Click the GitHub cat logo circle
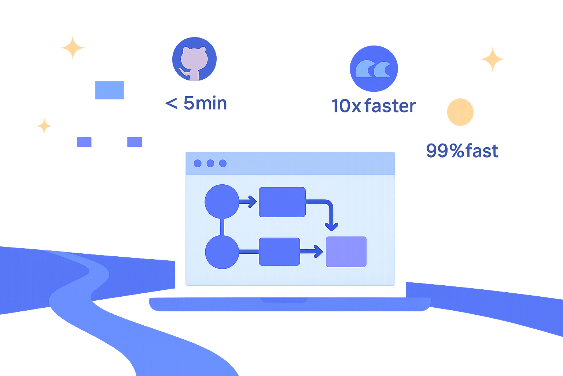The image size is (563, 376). [x=194, y=59]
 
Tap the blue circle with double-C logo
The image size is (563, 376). [x=374, y=69]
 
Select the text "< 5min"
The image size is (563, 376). [x=196, y=103]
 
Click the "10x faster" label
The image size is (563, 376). [x=374, y=106]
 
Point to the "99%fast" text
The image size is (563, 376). [x=462, y=151]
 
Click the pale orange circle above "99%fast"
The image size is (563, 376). [x=460, y=112]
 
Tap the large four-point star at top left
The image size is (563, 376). [x=73, y=47]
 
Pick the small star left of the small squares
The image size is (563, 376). [x=44, y=126]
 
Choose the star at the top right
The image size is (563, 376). [x=492, y=59]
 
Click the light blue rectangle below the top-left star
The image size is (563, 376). [x=110, y=90]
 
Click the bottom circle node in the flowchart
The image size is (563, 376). [x=222, y=252]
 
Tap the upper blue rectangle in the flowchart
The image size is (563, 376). [x=282, y=202]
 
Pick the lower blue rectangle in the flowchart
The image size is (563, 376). [x=279, y=252]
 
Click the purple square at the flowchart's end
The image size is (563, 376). [x=346, y=252]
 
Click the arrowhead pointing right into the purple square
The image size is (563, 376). [x=318, y=252]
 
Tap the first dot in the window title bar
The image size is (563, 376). [x=198, y=163]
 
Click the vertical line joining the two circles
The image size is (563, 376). [x=222, y=227]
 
